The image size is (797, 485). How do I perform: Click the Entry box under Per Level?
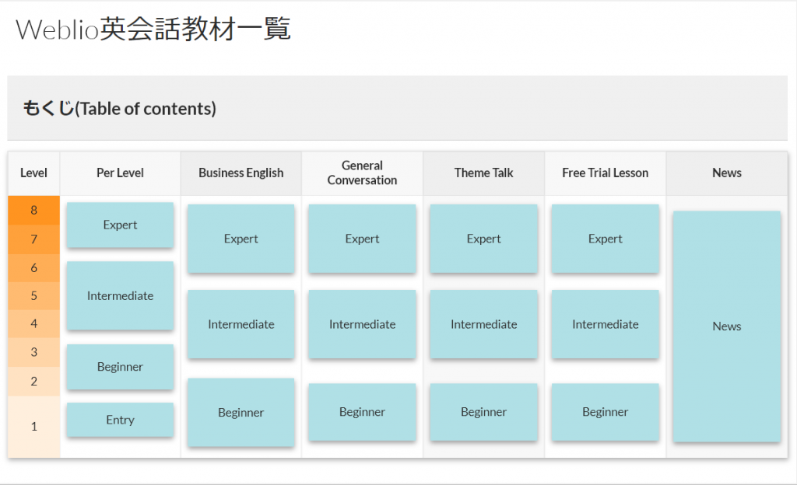pyautogui.click(x=120, y=420)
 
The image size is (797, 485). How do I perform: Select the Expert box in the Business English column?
pyautogui.click(x=241, y=239)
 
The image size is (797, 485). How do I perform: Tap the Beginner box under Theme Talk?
pyautogui.click(x=483, y=411)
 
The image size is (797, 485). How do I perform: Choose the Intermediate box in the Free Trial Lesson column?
pyautogui.click(x=605, y=324)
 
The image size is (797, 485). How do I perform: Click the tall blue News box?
pyautogui.click(x=726, y=326)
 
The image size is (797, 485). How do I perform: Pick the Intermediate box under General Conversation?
pyautogui.click(x=362, y=324)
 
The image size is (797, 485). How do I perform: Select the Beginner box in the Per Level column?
pyautogui.click(x=120, y=367)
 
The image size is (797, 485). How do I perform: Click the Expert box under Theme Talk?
pyautogui.click(x=483, y=239)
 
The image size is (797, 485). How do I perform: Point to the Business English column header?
pyautogui.click(x=241, y=173)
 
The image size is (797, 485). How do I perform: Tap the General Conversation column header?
pyautogui.click(x=362, y=173)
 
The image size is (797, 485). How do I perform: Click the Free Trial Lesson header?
pyautogui.click(x=605, y=173)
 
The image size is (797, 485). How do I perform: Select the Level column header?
pyautogui.click(x=33, y=173)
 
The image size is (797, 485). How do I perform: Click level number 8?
pyautogui.click(x=34, y=210)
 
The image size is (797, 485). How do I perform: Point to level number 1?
pyautogui.click(x=34, y=426)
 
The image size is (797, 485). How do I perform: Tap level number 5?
pyautogui.click(x=34, y=296)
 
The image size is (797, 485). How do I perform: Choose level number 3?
pyautogui.click(x=34, y=352)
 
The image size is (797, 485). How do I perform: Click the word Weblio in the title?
pyautogui.click(x=57, y=29)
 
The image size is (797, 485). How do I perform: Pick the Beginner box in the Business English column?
pyautogui.click(x=241, y=413)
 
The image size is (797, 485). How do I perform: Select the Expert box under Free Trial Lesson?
pyautogui.click(x=605, y=239)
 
